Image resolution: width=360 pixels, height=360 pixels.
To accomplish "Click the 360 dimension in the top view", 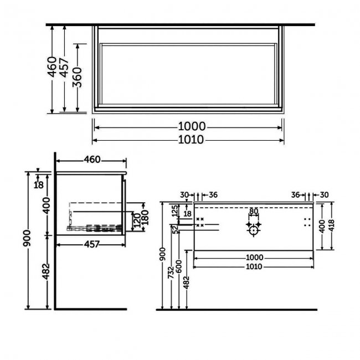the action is pos(77,78).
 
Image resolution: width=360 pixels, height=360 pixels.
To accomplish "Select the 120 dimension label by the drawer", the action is pos(137,220).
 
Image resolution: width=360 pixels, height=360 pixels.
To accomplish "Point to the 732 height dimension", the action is pos(171,272).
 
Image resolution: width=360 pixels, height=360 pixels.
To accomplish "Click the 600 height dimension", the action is pos(179,266).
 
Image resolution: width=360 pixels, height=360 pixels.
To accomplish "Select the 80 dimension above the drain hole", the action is pos(254,211).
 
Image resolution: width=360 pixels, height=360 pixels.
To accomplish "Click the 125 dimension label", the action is pos(175,211).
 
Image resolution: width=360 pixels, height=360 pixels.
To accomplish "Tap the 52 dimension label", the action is pos(176,230).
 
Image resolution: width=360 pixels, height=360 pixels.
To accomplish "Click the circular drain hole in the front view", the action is pos(254,230).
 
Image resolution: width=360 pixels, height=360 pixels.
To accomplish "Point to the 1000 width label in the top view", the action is pos(192,126).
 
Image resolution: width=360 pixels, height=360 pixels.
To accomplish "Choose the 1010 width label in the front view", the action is pos(254,266).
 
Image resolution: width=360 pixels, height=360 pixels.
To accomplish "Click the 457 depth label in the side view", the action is pos(92,244).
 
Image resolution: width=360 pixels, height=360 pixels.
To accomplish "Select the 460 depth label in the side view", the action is pos(92,160).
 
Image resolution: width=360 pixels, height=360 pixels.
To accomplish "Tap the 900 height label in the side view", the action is pos(27,238).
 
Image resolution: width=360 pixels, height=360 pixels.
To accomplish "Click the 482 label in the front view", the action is pos(187,282).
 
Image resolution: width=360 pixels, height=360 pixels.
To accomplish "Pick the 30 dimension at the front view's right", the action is pos(324,195).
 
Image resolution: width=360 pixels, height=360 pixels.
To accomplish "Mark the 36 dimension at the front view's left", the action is pos(213,195).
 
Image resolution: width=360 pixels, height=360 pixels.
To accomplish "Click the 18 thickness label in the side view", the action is pos(39,185).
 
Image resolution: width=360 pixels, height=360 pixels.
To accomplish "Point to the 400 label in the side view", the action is pos(47,205).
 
